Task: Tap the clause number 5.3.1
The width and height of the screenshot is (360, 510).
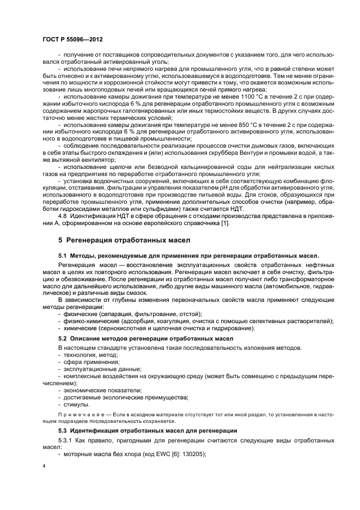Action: point(66,440)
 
